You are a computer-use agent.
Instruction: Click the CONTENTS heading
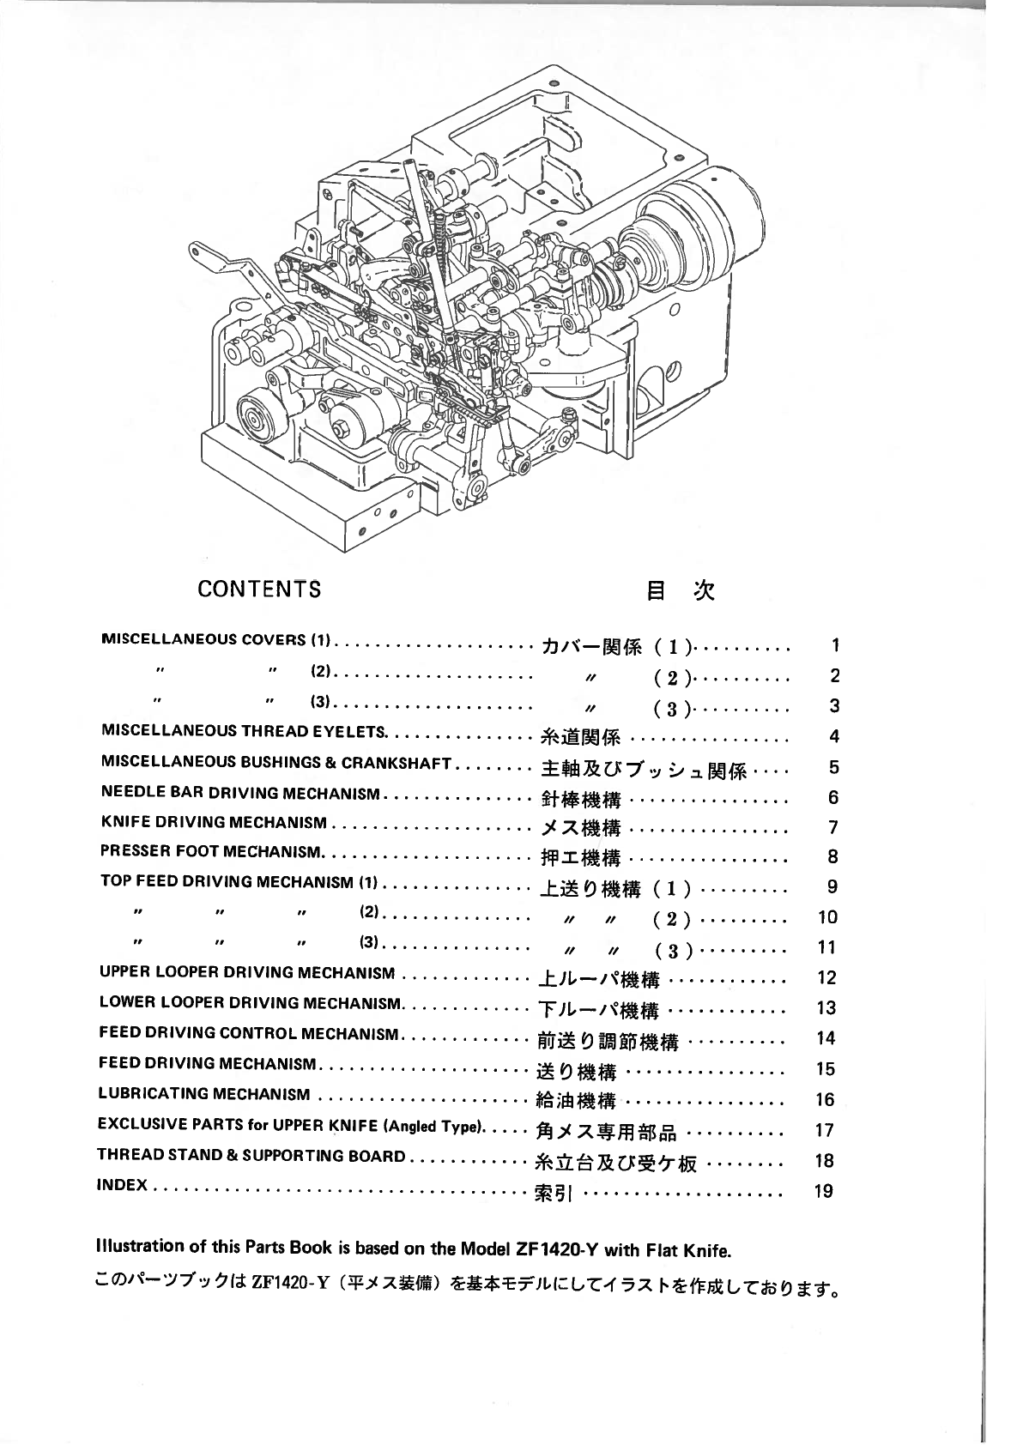click(x=259, y=589)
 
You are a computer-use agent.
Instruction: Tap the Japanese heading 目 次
click(x=680, y=590)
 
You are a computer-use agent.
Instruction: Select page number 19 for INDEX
click(x=823, y=1191)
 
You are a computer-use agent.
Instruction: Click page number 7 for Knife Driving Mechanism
click(x=832, y=827)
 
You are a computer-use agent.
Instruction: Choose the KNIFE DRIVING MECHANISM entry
click(x=214, y=823)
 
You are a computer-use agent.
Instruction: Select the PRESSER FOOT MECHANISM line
click(x=211, y=852)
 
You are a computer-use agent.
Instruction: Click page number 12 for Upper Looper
click(x=826, y=977)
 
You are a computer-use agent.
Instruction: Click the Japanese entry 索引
click(x=554, y=1193)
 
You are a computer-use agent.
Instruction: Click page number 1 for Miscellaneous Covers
click(x=835, y=645)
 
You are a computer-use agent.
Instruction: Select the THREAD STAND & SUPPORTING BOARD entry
click(x=251, y=1155)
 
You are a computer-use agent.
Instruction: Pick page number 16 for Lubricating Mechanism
click(x=824, y=1100)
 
